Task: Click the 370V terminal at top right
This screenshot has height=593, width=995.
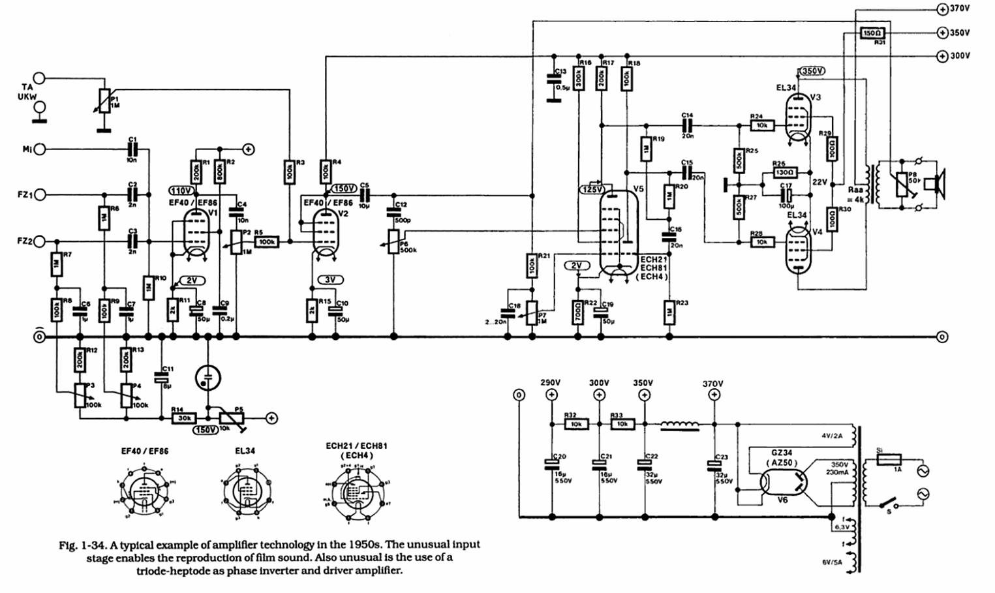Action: pos(941,9)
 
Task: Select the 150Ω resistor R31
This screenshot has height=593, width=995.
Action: pos(872,32)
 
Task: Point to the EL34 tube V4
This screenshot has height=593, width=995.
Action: pos(797,251)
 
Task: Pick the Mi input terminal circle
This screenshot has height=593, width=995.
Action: pos(40,149)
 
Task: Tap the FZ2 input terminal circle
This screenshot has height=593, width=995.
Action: pos(40,242)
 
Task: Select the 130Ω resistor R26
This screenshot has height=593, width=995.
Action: pos(785,173)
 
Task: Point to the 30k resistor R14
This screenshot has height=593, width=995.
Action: pos(184,418)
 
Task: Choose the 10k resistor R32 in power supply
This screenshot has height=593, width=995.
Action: pos(576,424)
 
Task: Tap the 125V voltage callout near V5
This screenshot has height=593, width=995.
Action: pos(592,189)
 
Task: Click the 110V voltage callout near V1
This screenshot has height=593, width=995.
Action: pos(182,190)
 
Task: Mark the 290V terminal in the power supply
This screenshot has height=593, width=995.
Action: pos(551,395)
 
